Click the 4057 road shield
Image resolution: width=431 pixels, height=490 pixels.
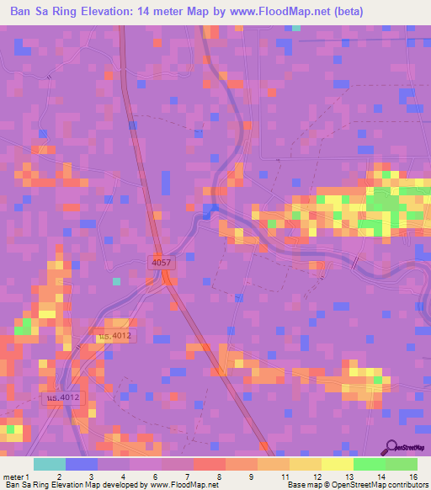click(x=162, y=262)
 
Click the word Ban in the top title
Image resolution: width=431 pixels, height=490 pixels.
click(x=22, y=13)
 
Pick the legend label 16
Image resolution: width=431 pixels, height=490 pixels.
click(x=413, y=476)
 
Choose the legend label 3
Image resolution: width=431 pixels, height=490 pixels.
click(x=90, y=476)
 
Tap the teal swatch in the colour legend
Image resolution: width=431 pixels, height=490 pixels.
click(x=50, y=464)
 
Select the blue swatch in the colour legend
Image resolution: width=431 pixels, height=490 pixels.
click(x=82, y=464)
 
